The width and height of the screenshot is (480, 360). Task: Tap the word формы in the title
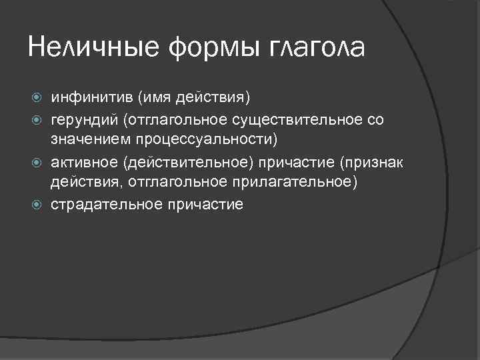[x=205, y=49]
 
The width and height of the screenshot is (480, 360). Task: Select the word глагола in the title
[x=315, y=49]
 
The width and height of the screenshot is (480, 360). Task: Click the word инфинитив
[x=92, y=99]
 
